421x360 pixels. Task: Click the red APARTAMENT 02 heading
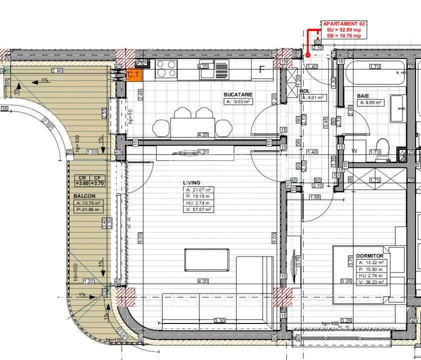tap(345, 23)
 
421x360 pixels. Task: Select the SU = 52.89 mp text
tap(344, 30)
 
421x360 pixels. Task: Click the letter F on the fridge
tap(261, 69)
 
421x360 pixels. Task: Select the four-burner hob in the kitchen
tap(166, 69)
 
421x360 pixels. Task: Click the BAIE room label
tap(363, 95)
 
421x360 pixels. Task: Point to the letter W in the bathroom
tap(354, 151)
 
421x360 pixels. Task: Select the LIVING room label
tap(192, 182)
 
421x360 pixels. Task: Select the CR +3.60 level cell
tap(82, 180)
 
